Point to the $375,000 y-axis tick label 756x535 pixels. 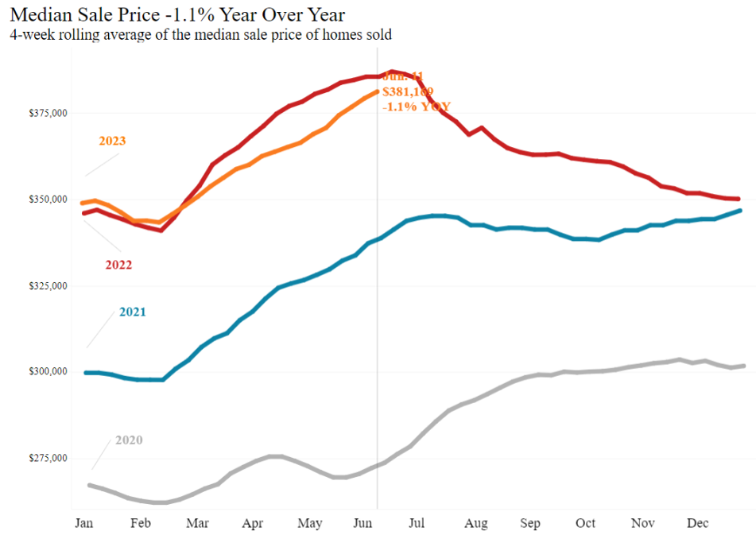pyautogui.click(x=45, y=114)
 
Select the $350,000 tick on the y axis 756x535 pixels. pyautogui.click(x=45, y=200)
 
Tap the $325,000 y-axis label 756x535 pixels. pyautogui.click(x=45, y=286)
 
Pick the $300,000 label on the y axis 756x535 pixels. pyautogui.click(x=45, y=372)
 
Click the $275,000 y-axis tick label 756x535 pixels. pyautogui.click(x=45, y=459)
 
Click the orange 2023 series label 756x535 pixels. pyautogui.click(x=112, y=142)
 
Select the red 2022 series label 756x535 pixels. pyautogui.click(x=118, y=265)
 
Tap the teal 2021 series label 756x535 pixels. pyautogui.click(x=133, y=312)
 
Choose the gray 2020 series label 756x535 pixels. pyautogui.click(x=129, y=440)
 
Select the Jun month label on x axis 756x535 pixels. pyautogui.click(x=364, y=523)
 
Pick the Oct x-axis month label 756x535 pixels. pyautogui.click(x=585, y=523)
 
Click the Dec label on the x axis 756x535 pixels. pyautogui.click(x=697, y=523)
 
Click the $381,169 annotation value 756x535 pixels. pyautogui.click(x=407, y=92)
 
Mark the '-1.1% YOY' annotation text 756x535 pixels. pyautogui.click(x=417, y=107)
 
